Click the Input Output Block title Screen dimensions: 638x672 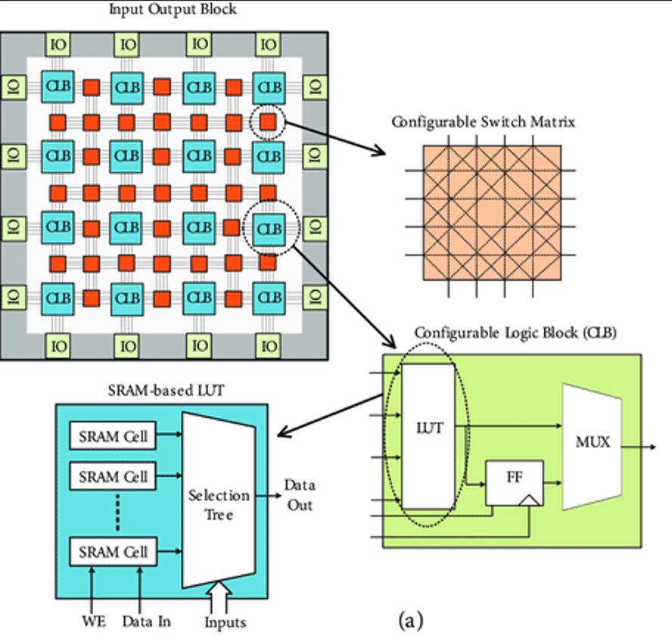tap(173, 10)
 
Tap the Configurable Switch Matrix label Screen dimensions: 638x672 tap(483, 122)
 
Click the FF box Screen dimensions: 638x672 tap(514, 482)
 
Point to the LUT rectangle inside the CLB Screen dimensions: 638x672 tap(428, 436)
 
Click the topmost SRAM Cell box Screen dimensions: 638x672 tap(113, 437)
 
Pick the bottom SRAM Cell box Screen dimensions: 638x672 tap(113, 552)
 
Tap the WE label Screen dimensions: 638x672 tap(93, 622)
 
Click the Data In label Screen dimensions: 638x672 tap(146, 622)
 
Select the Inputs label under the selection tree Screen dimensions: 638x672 tap(225, 623)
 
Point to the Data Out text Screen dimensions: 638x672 tap(299, 495)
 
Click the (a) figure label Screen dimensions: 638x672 tap(411, 621)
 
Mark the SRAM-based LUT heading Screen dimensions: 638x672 tap(162, 390)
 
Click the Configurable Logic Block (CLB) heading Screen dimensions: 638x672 tap(515, 333)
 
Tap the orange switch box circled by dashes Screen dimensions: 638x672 tap(268, 121)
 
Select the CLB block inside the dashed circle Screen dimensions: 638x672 tap(269, 227)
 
